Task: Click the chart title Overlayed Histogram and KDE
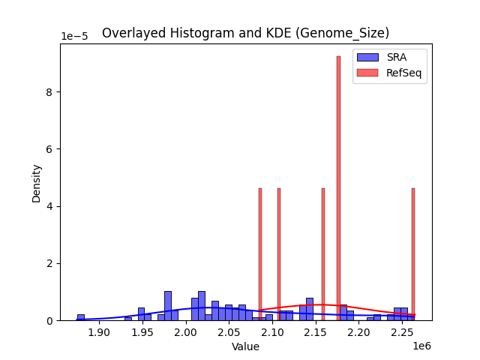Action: tap(245, 33)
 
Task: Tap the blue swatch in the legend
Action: tap(367, 57)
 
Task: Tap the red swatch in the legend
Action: tap(367, 72)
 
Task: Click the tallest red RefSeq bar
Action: tap(338, 187)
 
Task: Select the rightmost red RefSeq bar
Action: tap(413, 255)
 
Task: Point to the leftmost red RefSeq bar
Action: tap(260, 255)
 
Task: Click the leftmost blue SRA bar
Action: tap(80, 317)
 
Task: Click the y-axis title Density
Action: tap(37, 182)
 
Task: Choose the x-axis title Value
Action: tap(245, 346)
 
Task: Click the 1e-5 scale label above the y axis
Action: tap(73, 37)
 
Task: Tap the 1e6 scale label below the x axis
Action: tap(422, 346)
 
